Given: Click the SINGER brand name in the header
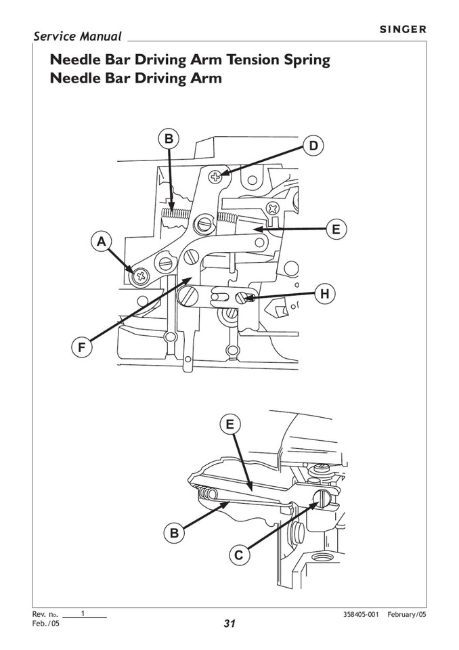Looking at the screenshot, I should click(x=401, y=29).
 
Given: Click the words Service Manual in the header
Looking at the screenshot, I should click(x=77, y=37).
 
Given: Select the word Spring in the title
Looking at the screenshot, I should click(x=304, y=60).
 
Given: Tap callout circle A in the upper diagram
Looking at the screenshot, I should click(x=102, y=240).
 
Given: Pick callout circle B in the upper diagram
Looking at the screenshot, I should click(x=169, y=139).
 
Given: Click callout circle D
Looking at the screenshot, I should click(x=312, y=146).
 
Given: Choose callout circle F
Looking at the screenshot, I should click(x=81, y=348).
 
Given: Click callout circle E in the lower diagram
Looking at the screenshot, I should click(x=230, y=425).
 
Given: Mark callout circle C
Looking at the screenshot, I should click(x=238, y=556).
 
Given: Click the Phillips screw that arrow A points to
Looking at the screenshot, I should click(x=141, y=275).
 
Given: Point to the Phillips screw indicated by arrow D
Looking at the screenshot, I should click(x=215, y=178).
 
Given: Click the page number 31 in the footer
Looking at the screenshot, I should click(x=230, y=624).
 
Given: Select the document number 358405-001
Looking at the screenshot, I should click(x=362, y=614).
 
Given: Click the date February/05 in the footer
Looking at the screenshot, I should click(x=407, y=614).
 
